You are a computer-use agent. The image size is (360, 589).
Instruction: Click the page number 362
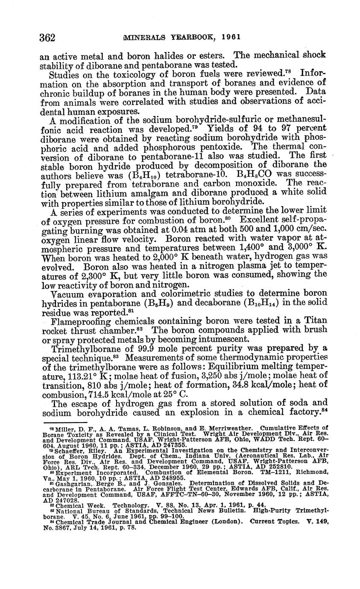[47, 38]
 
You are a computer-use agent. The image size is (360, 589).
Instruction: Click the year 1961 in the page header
[231, 37]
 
